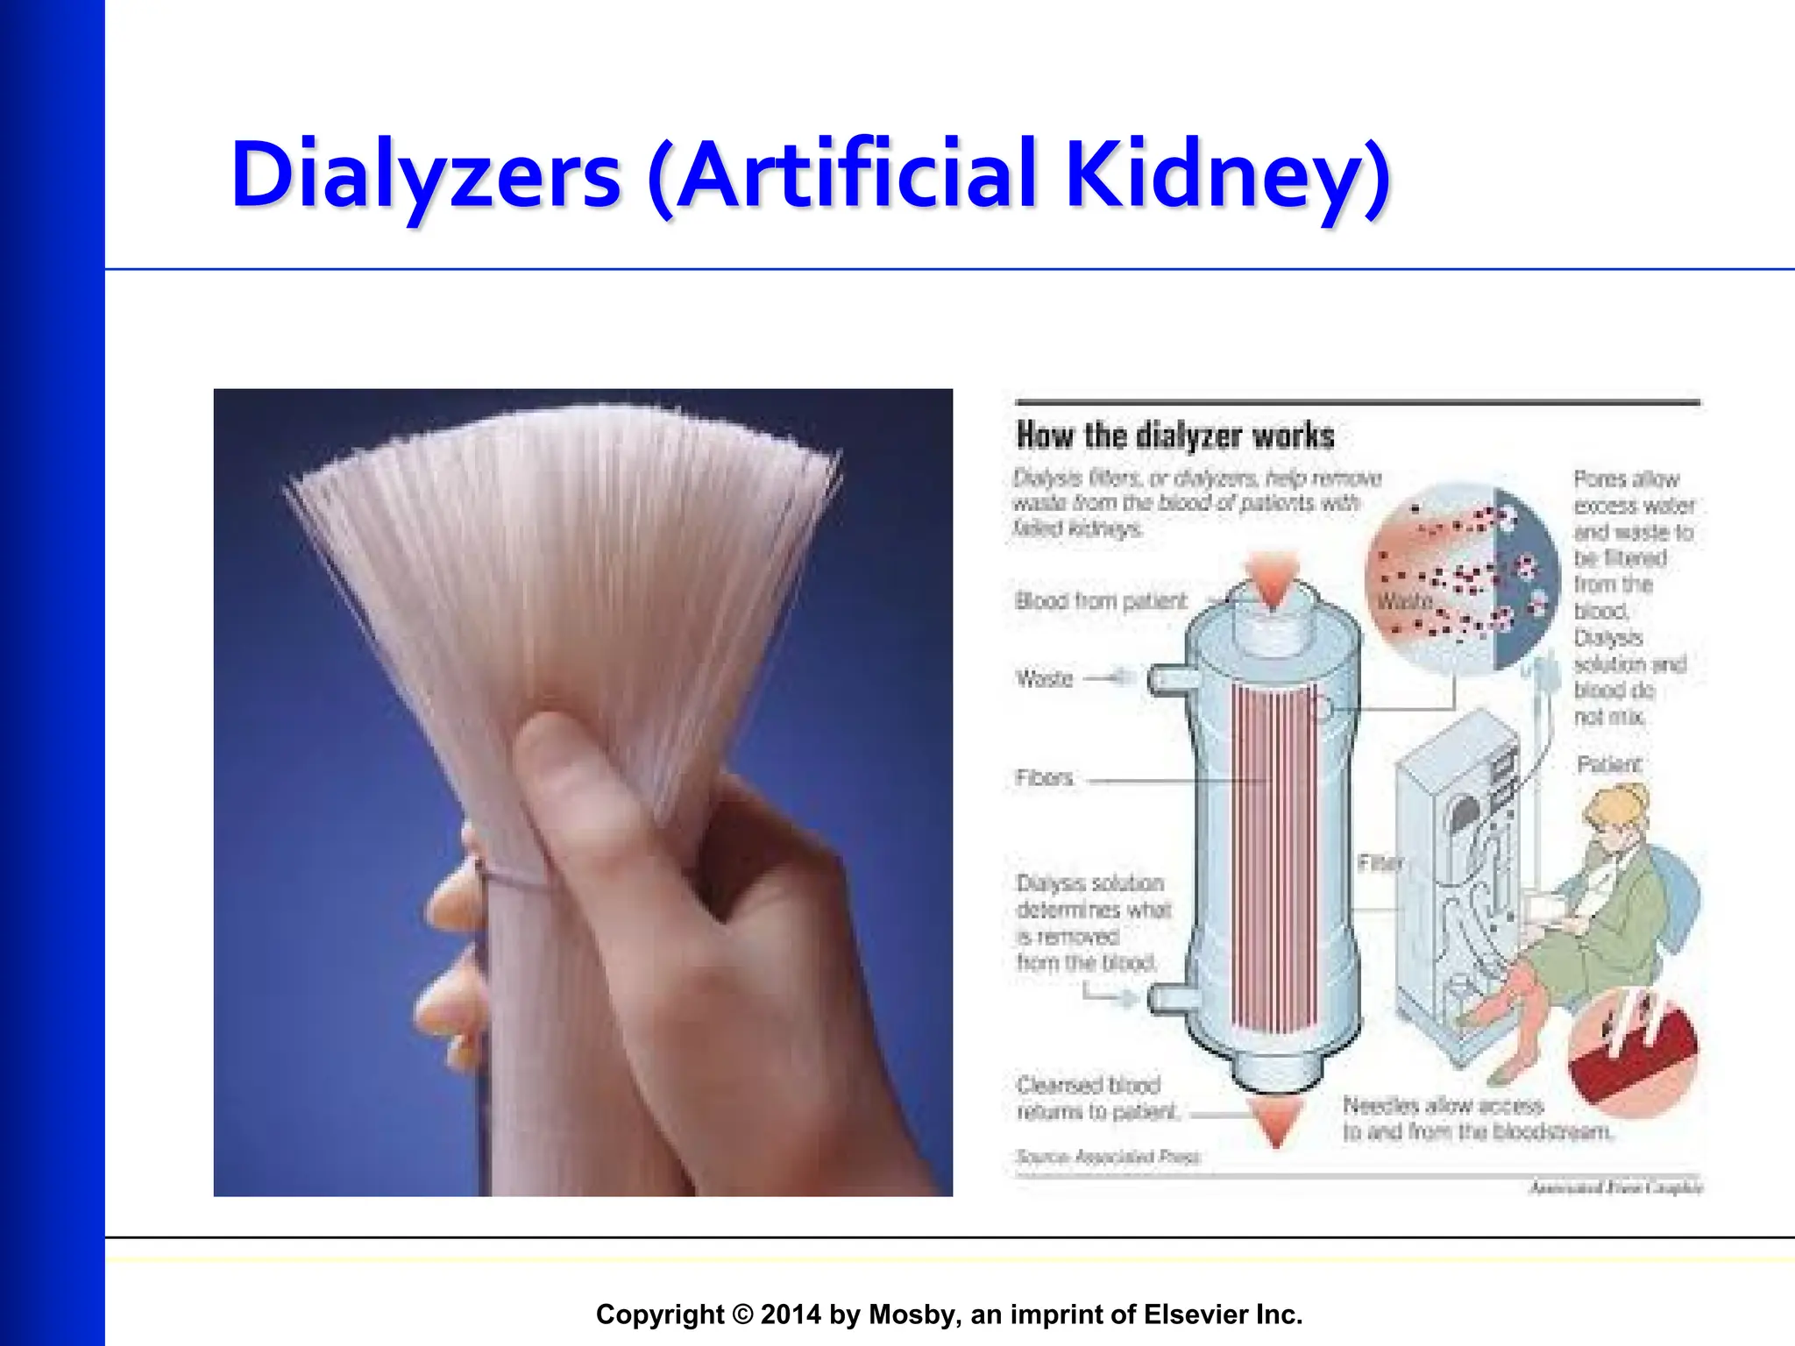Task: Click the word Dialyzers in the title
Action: [426, 175]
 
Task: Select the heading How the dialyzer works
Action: [1174, 436]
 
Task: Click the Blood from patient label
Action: [1100, 601]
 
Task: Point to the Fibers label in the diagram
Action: [1044, 777]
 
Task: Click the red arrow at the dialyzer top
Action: [1272, 579]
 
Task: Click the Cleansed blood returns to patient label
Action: [1096, 1098]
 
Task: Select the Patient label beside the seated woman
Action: [1608, 764]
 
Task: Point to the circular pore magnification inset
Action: [1462, 578]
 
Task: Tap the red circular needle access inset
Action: [1633, 1052]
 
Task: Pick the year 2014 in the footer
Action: [791, 1314]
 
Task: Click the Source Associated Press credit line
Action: [1108, 1157]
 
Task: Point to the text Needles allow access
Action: [1443, 1105]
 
